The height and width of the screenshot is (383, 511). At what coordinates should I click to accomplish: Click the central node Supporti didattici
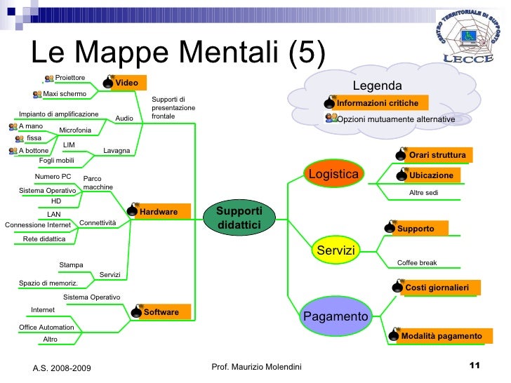tap(239, 217)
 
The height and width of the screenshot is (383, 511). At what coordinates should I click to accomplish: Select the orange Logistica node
tap(334, 173)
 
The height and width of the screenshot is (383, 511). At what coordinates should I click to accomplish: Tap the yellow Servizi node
tap(336, 250)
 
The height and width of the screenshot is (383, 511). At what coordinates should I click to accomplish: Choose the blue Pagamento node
tap(336, 316)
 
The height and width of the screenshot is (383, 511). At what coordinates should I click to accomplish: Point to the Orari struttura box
tap(437, 154)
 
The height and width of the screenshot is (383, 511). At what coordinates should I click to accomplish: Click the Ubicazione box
tap(431, 175)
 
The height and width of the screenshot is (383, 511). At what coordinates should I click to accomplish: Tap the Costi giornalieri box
tap(436, 288)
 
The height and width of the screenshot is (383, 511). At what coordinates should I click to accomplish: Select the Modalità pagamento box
tap(441, 336)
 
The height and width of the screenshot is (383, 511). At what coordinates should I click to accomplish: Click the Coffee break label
tap(417, 263)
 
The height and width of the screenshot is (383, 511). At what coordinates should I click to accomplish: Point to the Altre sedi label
tap(423, 192)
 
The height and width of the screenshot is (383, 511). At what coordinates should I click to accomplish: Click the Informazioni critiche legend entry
tap(377, 103)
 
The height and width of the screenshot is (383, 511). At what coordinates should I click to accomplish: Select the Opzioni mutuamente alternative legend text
tap(396, 120)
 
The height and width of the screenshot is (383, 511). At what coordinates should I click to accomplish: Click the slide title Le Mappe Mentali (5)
tap(178, 53)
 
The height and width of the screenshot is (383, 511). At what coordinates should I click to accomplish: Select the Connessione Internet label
tap(38, 225)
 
